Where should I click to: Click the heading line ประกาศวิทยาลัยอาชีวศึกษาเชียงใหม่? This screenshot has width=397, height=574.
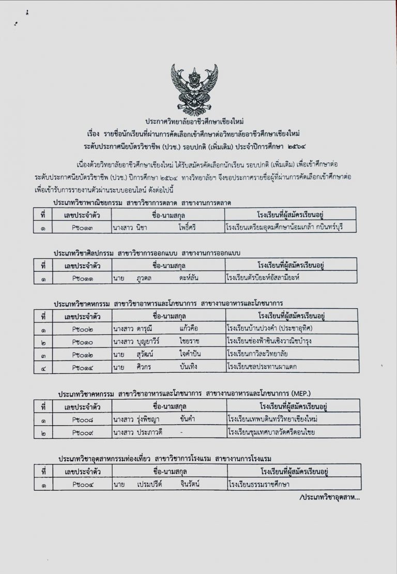[x=198, y=119]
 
